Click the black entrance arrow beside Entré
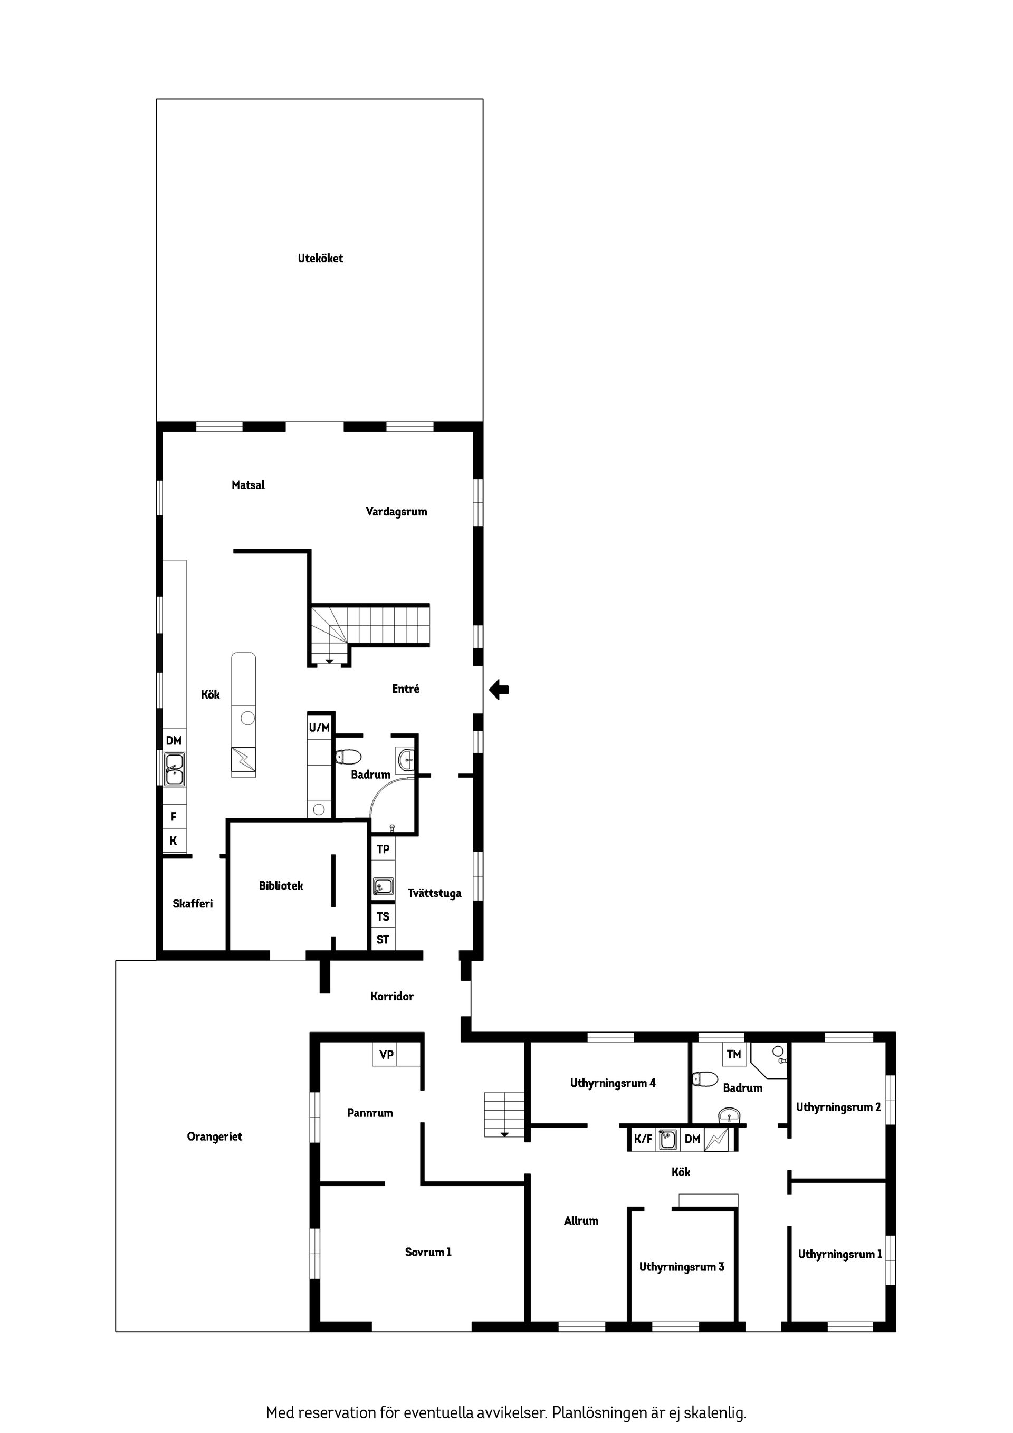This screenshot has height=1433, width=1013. [499, 690]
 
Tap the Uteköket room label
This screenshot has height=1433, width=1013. [320, 258]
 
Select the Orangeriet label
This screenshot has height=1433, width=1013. [214, 1136]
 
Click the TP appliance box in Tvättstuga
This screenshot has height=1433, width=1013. [383, 849]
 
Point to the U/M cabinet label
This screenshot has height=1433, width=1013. [319, 727]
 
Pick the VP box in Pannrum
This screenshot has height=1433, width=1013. [386, 1054]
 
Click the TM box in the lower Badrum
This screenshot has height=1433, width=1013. [734, 1054]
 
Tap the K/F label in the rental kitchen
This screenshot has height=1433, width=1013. [643, 1139]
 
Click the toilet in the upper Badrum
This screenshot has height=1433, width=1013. [348, 757]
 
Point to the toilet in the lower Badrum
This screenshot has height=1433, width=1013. [705, 1078]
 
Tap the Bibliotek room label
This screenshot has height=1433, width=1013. [281, 885]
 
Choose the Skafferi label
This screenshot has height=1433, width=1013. [193, 903]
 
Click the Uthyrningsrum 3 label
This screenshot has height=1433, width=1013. [682, 1266]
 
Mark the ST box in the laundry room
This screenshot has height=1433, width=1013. [383, 939]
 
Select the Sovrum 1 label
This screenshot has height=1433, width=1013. [428, 1252]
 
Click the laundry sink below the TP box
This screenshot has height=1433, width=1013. [383, 886]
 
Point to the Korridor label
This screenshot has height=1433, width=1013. [392, 996]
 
